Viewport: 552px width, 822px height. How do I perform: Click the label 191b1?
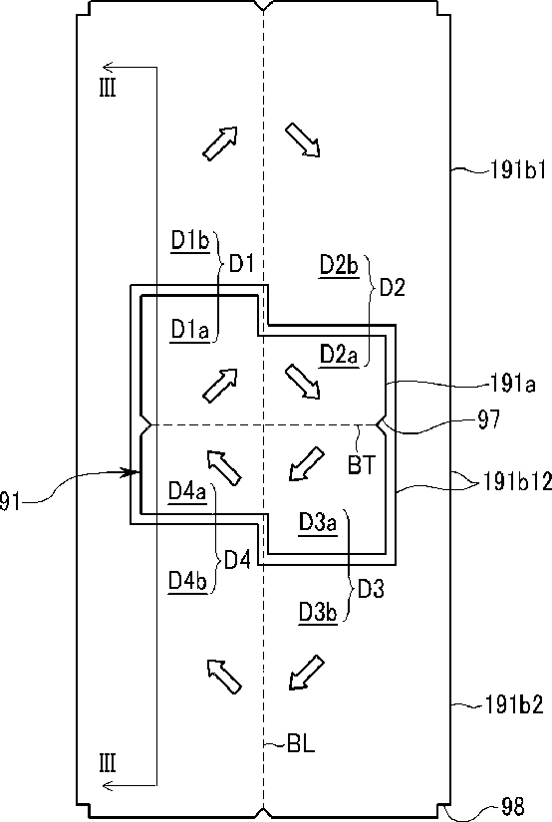pyautogui.click(x=517, y=170)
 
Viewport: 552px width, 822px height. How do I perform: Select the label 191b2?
pyautogui.click(x=514, y=704)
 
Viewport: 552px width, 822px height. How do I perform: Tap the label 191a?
pyautogui.click(x=512, y=384)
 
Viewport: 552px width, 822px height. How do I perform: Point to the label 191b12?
pyautogui.click(x=516, y=482)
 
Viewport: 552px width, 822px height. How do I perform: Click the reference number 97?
pyautogui.click(x=488, y=419)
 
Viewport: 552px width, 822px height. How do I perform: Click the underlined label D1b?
pyautogui.click(x=190, y=241)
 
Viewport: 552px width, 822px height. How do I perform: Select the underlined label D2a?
pyautogui.click(x=339, y=355)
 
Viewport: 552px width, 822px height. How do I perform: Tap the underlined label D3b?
pyautogui.click(x=318, y=612)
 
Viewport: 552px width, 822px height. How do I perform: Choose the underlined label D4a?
pyautogui.click(x=187, y=492)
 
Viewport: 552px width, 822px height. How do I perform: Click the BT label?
pyautogui.click(x=362, y=464)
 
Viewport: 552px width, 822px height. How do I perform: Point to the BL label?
pyautogui.click(x=301, y=744)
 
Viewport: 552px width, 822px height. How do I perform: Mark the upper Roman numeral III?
pyautogui.click(x=108, y=88)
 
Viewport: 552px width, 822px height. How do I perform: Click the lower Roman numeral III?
pyautogui.click(x=108, y=763)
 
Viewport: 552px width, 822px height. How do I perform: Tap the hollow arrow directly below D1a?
pyautogui.click(x=220, y=386)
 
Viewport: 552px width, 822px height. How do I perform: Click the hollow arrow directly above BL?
pyautogui.click(x=307, y=673)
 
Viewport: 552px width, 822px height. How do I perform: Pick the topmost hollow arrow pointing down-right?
pyautogui.click(x=303, y=139)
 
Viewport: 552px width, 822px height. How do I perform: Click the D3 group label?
pyautogui.click(x=371, y=590)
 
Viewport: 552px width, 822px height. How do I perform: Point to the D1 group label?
pyautogui.click(x=242, y=264)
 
